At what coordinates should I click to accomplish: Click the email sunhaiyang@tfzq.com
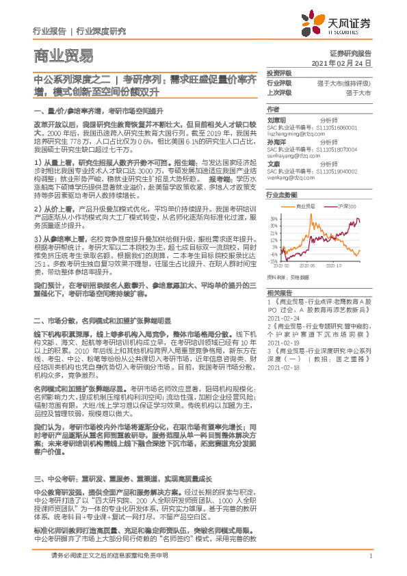coord(296,154)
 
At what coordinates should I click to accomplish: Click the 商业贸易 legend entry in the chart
coord(305,205)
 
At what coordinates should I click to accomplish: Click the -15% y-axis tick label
coord(273,261)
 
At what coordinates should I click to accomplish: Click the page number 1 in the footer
coord(369,555)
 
